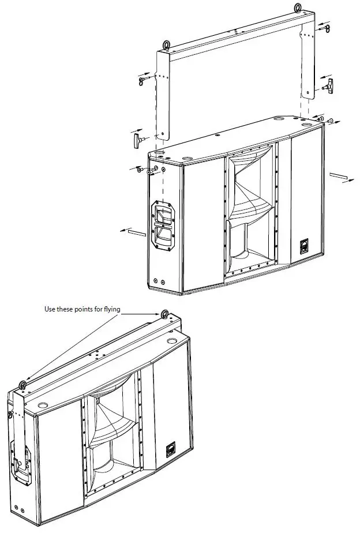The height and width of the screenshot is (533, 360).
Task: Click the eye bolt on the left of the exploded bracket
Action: coord(166,46)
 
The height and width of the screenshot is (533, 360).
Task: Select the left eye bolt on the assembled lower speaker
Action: coord(22,385)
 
